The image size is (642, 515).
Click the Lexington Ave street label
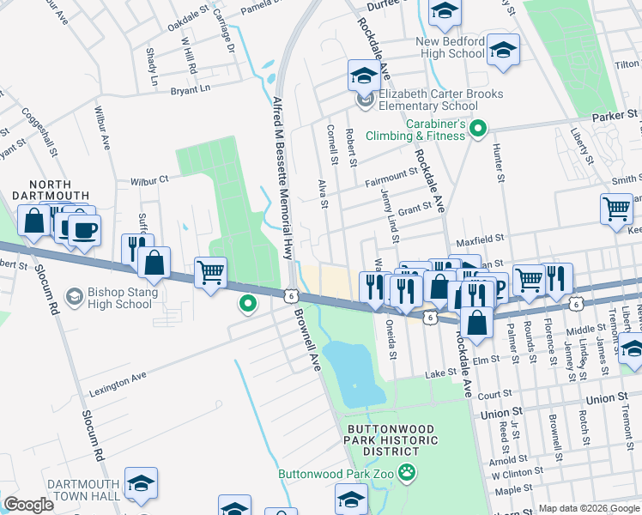tap(118, 385)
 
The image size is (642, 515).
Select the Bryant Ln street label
tap(190, 89)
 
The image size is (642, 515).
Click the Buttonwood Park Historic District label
tap(392, 440)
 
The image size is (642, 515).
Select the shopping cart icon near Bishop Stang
tap(210, 272)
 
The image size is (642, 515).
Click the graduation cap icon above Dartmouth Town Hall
tap(141, 483)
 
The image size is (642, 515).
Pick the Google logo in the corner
tap(29, 505)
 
